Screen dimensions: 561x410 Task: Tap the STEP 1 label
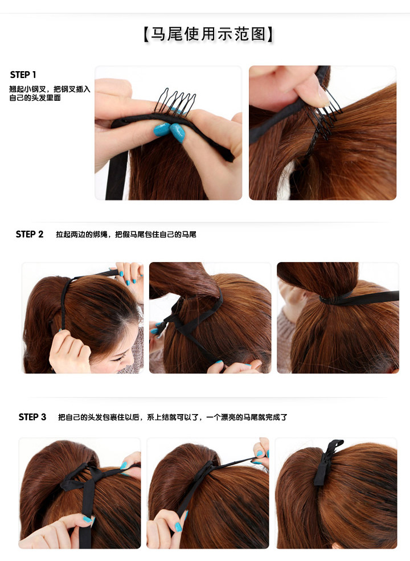pos(23,75)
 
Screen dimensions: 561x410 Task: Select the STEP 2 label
pos(30,234)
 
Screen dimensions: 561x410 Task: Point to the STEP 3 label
pos(32,417)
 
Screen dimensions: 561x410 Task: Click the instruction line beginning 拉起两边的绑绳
pos(126,234)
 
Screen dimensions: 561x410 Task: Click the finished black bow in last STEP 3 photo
pos(327,461)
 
